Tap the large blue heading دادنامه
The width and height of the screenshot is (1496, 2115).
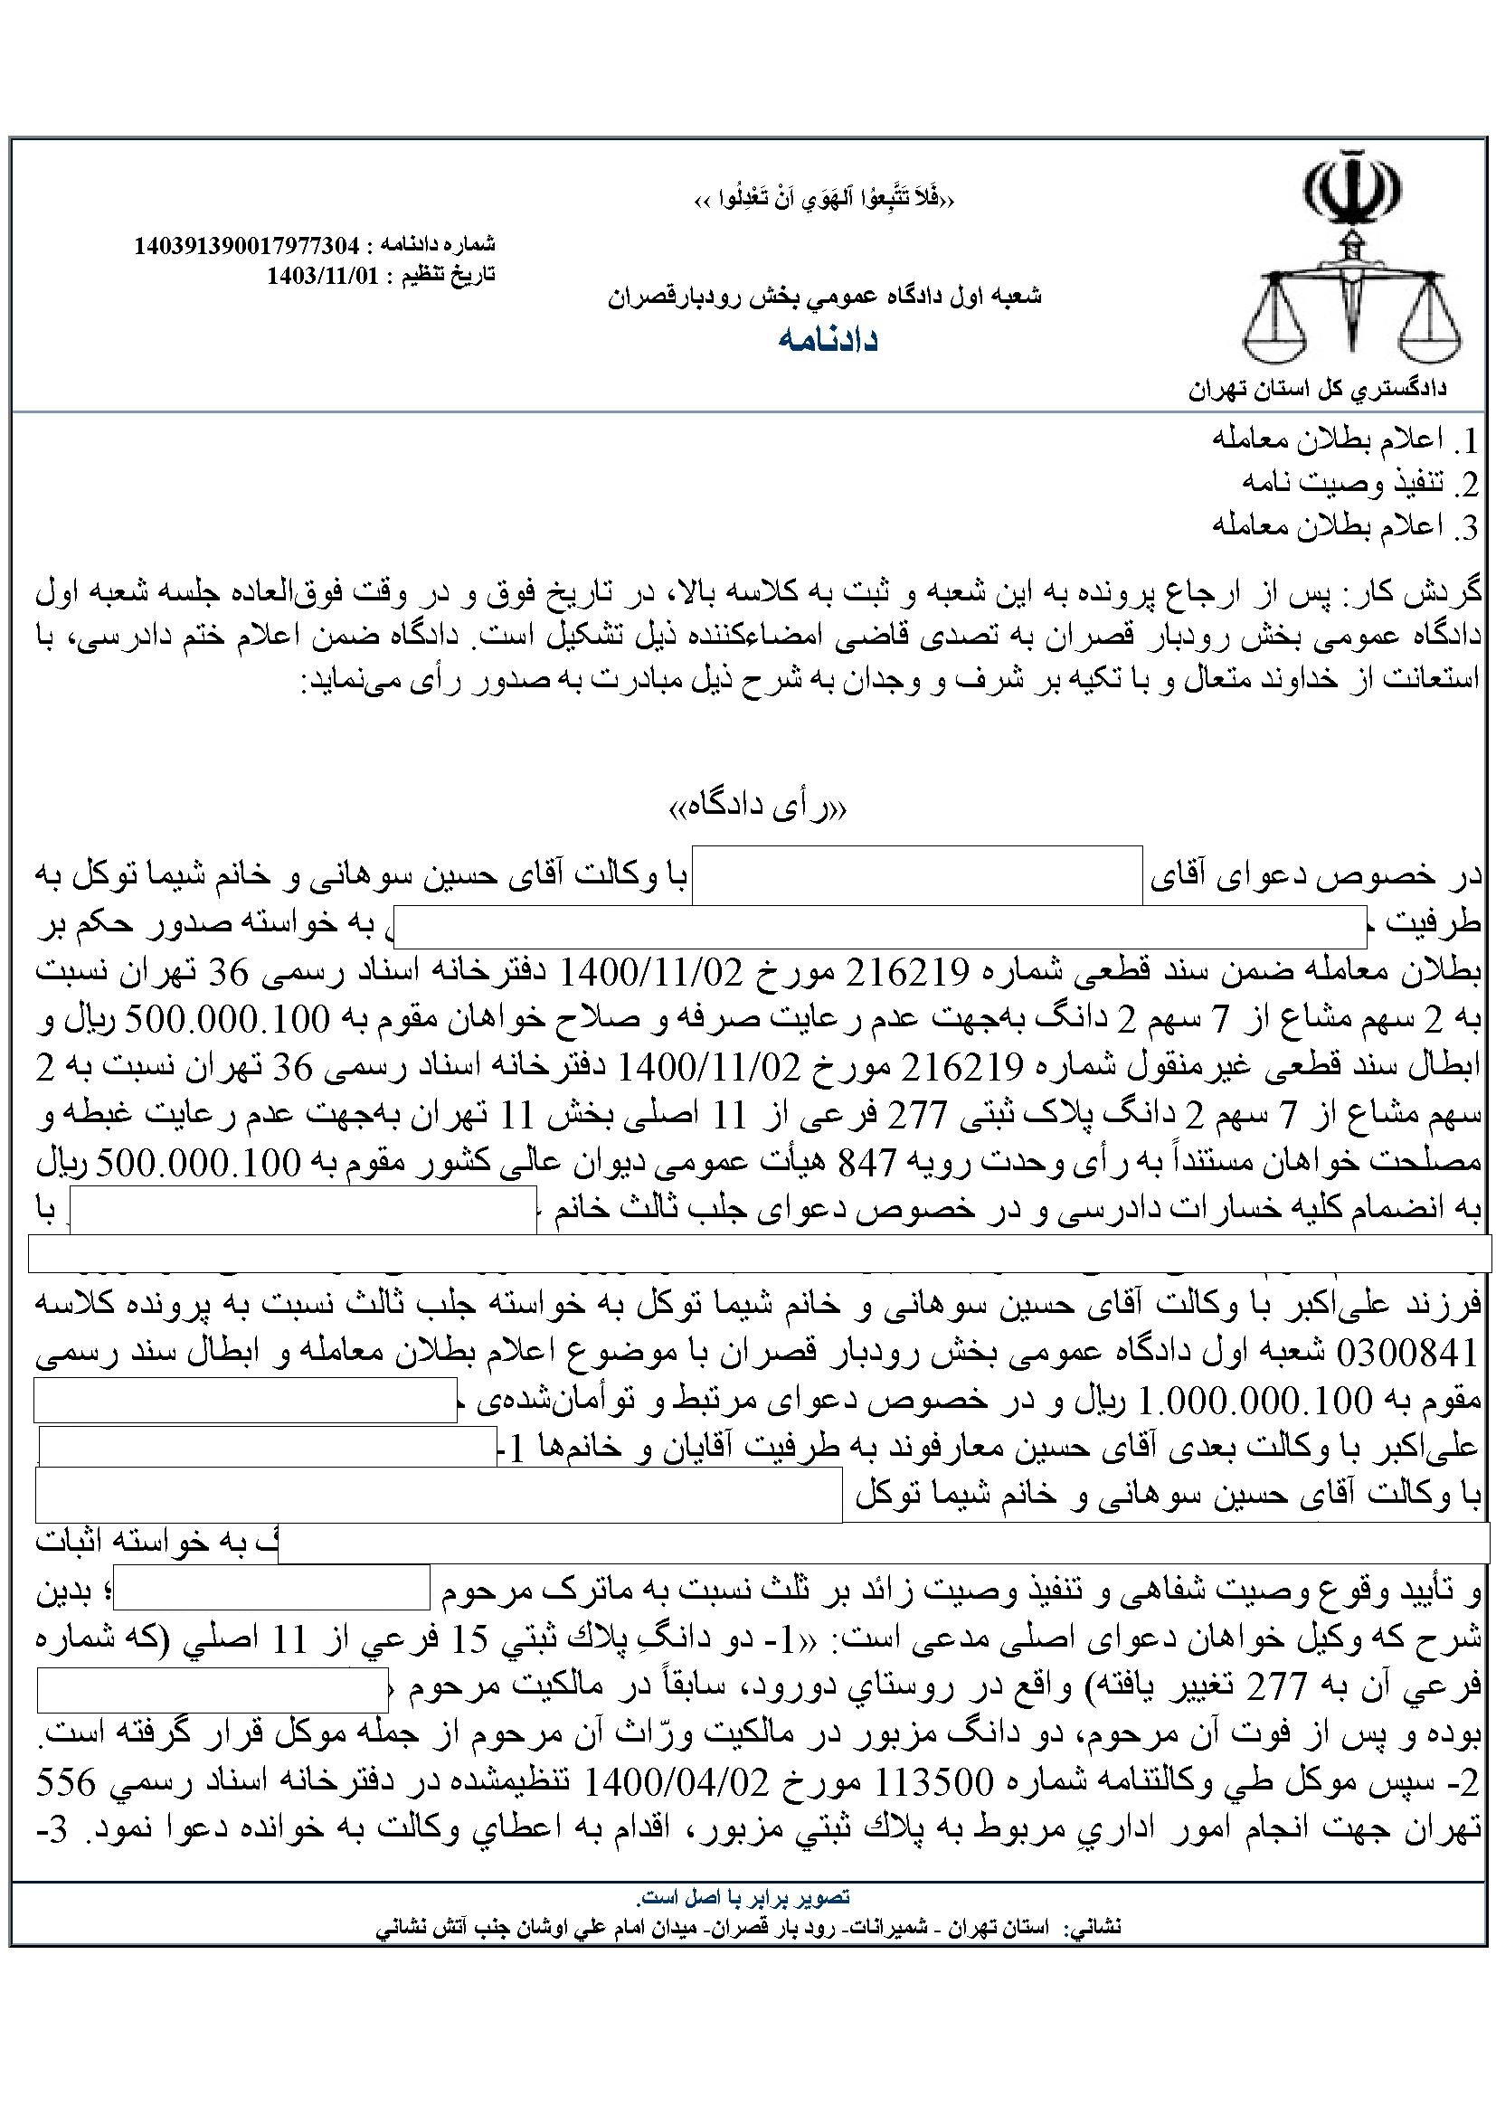pyautogui.click(x=828, y=339)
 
